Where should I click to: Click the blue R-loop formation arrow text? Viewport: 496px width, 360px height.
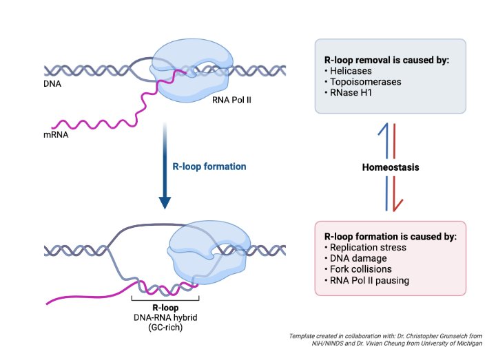click(209, 167)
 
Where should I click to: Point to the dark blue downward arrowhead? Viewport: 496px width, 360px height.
click(165, 201)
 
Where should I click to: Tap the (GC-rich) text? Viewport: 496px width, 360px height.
click(165, 329)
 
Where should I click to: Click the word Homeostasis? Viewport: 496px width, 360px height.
click(391, 167)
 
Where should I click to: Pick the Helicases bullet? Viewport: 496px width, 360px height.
click(351, 72)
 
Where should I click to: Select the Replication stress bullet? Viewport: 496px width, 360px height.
click(368, 248)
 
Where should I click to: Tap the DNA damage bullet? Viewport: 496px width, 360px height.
click(358, 258)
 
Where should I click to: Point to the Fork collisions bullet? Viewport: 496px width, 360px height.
click(361, 269)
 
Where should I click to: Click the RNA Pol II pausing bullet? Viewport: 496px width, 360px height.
click(371, 279)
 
